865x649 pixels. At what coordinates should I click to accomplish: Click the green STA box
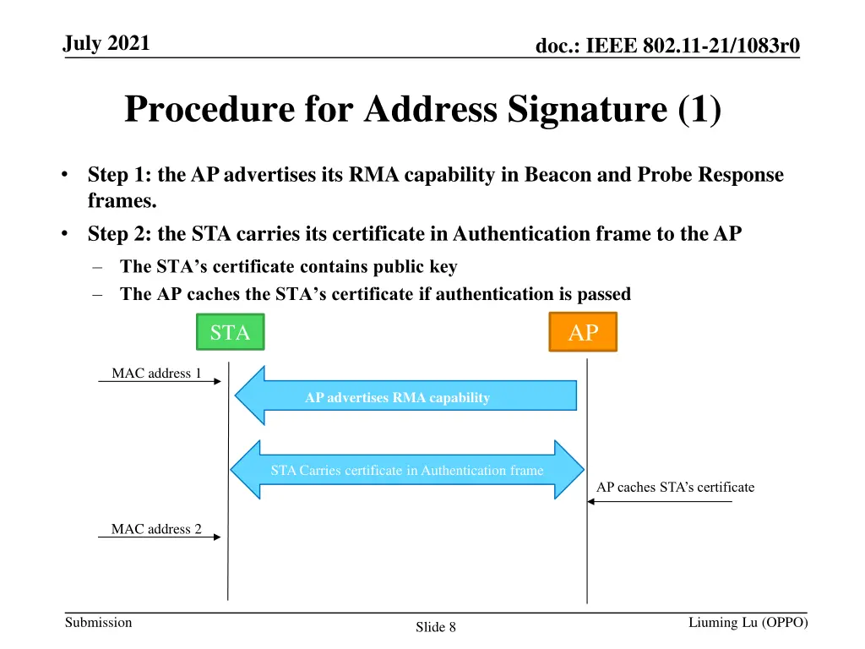230,332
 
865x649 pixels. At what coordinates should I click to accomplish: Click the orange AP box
583,332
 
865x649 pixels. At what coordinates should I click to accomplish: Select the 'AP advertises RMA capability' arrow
405,396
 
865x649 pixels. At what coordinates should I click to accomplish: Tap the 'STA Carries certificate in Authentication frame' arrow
407,470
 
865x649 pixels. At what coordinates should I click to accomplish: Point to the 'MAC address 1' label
156,374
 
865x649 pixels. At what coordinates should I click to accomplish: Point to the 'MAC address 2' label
156,529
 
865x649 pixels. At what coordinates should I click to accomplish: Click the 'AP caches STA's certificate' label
675,488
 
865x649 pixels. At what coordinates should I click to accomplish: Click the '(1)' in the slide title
699,110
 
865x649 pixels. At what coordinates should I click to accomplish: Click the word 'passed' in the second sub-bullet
603,294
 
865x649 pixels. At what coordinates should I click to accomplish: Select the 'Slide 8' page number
436,627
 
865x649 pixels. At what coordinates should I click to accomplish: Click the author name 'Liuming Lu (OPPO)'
748,623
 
